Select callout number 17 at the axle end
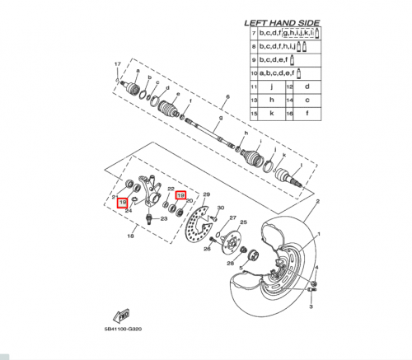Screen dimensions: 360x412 point(117,64)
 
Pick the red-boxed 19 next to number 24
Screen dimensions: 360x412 point(122,202)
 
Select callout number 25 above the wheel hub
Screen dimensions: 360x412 point(243,222)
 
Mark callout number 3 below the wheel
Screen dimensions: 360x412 point(311,305)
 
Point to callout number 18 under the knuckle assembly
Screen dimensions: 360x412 point(129,236)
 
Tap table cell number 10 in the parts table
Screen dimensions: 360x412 point(254,72)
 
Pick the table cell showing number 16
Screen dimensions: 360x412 point(289,111)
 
